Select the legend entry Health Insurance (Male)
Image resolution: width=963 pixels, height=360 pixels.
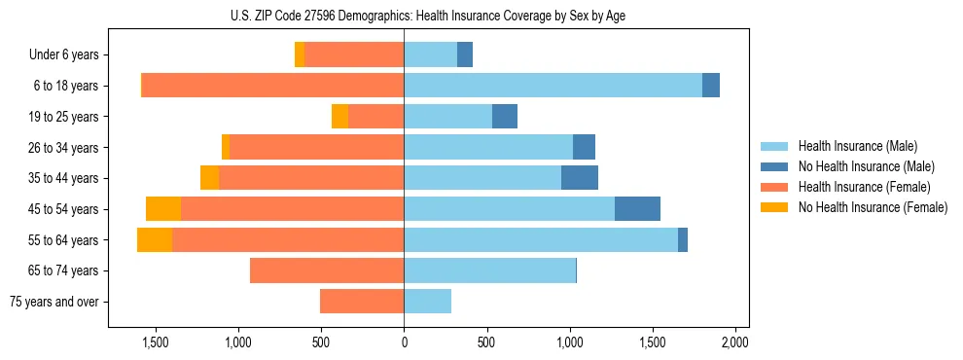pyautogui.click(x=856, y=146)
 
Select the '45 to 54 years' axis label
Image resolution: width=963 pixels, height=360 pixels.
pyautogui.click(x=63, y=209)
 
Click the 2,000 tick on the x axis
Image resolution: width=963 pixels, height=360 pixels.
pyautogui.click(x=735, y=342)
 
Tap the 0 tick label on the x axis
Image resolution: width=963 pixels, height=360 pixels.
pyautogui.click(x=404, y=342)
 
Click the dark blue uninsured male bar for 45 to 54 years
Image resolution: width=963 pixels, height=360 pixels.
pyautogui.click(x=637, y=209)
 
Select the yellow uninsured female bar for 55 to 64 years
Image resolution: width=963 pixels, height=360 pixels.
pyautogui.click(x=155, y=239)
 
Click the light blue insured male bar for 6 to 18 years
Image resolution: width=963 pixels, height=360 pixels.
pyautogui.click(x=553, y=86)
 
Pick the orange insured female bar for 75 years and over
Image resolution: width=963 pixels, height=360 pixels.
pyautogui.click(x=362, y=302)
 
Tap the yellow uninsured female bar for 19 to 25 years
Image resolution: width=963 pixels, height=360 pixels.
pyautogui.click(x=339, y=117)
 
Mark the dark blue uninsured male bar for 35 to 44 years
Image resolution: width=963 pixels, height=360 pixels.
pyautogui.click(x=580, y=178)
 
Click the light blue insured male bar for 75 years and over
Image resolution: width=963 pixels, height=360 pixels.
pyautogui.click(x=427, y=302)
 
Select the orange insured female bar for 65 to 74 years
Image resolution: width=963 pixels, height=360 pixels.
pyautogui.click(x=327, y=270)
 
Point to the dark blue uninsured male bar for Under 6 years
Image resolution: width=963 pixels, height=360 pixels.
pyautogui.click(x=465, y=55)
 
